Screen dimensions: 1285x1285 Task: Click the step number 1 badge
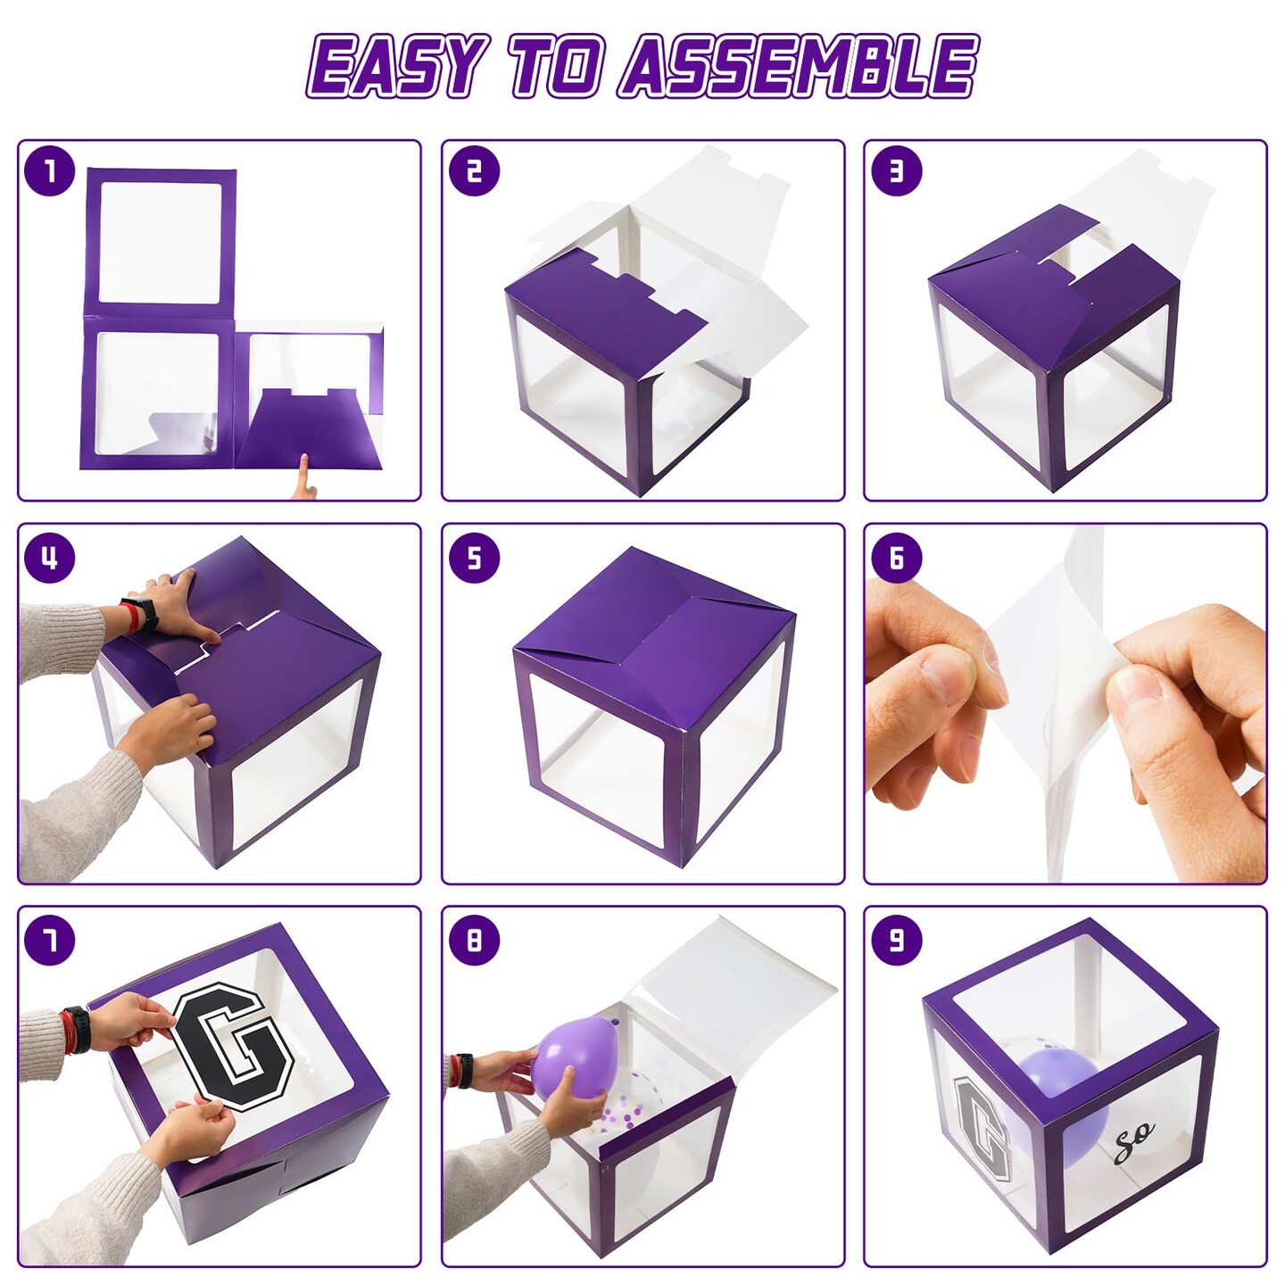tap(50, 171)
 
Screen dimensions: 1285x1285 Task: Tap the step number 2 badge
tap(474, 171)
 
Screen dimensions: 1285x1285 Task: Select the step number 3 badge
tap(897, 171)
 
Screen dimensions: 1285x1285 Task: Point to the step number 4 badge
tap(50, 558)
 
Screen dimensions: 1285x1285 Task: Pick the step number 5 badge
tap(474, 558)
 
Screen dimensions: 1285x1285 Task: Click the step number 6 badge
tap(897, 558)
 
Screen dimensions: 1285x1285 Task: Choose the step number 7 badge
tap(50, 941)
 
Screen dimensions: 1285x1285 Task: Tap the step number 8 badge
tap(474, 941)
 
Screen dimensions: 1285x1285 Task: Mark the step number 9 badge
tap(897, 941)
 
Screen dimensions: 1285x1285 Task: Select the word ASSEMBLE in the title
tap(798, 67)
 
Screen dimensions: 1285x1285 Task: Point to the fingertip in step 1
tap(304, 460)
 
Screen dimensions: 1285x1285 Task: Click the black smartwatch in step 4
tap(144, 614)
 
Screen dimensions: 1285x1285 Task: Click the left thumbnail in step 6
tap(949, 674)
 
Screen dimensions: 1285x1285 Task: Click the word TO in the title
tap(553, 67)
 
